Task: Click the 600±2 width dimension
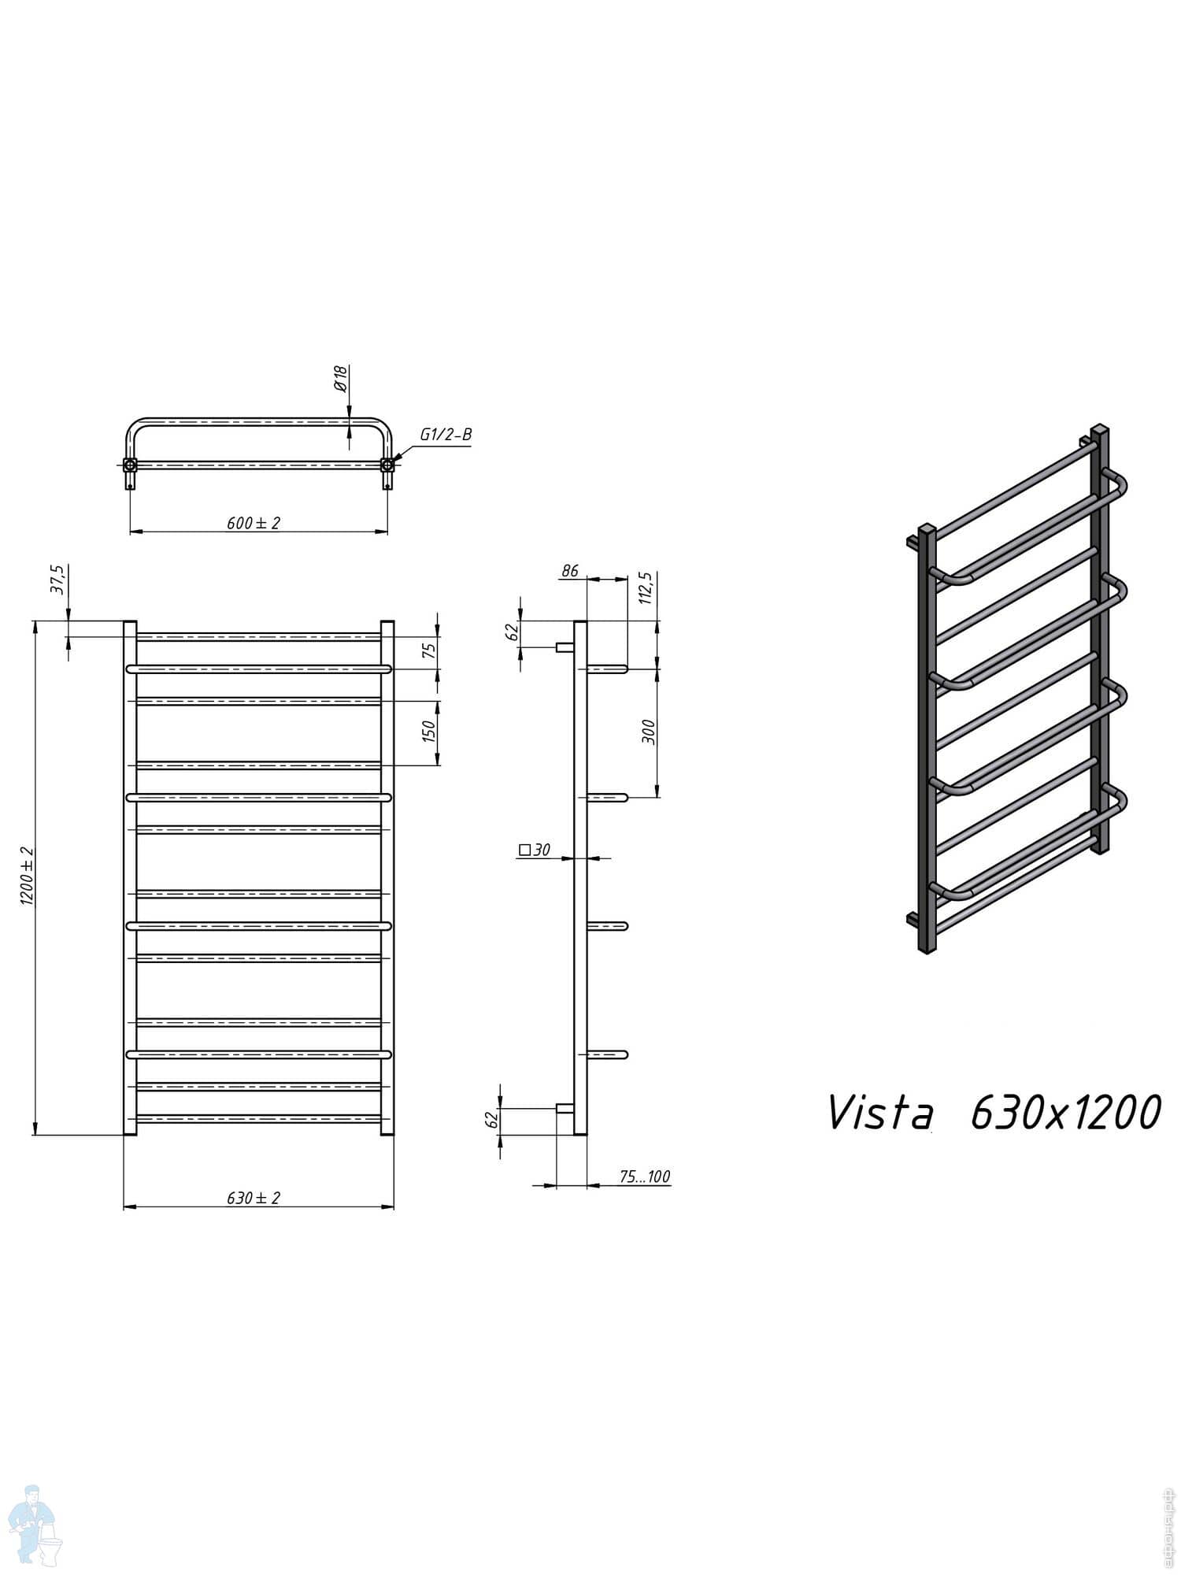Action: pyautogui.click(x=254, y=523)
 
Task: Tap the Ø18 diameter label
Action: pyautogui.click(x=340, y=379)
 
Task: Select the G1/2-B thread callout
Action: pyautogui.click(x=446, y=435)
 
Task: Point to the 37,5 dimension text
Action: pyautogui.click(x=57, y=580)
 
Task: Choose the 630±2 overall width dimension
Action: pyautogui.click(x=254, y=1198)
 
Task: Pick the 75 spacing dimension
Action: pyautogui.click(x=429, y=650)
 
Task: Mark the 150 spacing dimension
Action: pyautogui.click(x=429, y=732)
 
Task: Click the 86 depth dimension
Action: pyautogui.click(x=570, y=571)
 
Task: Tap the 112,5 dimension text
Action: pyautogui.click(x=647, y=588)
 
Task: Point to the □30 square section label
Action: pyautogui.click(x=535, y=850)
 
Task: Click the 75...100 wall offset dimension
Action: pyautogui.click(x=644, y=1177)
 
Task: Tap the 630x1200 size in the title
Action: pyautogui.click(x=1065, y=1113)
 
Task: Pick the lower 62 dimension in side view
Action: pyautogui.click(x=493, y=1120)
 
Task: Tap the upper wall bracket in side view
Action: pyautogui.click(x=565, y=647)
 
